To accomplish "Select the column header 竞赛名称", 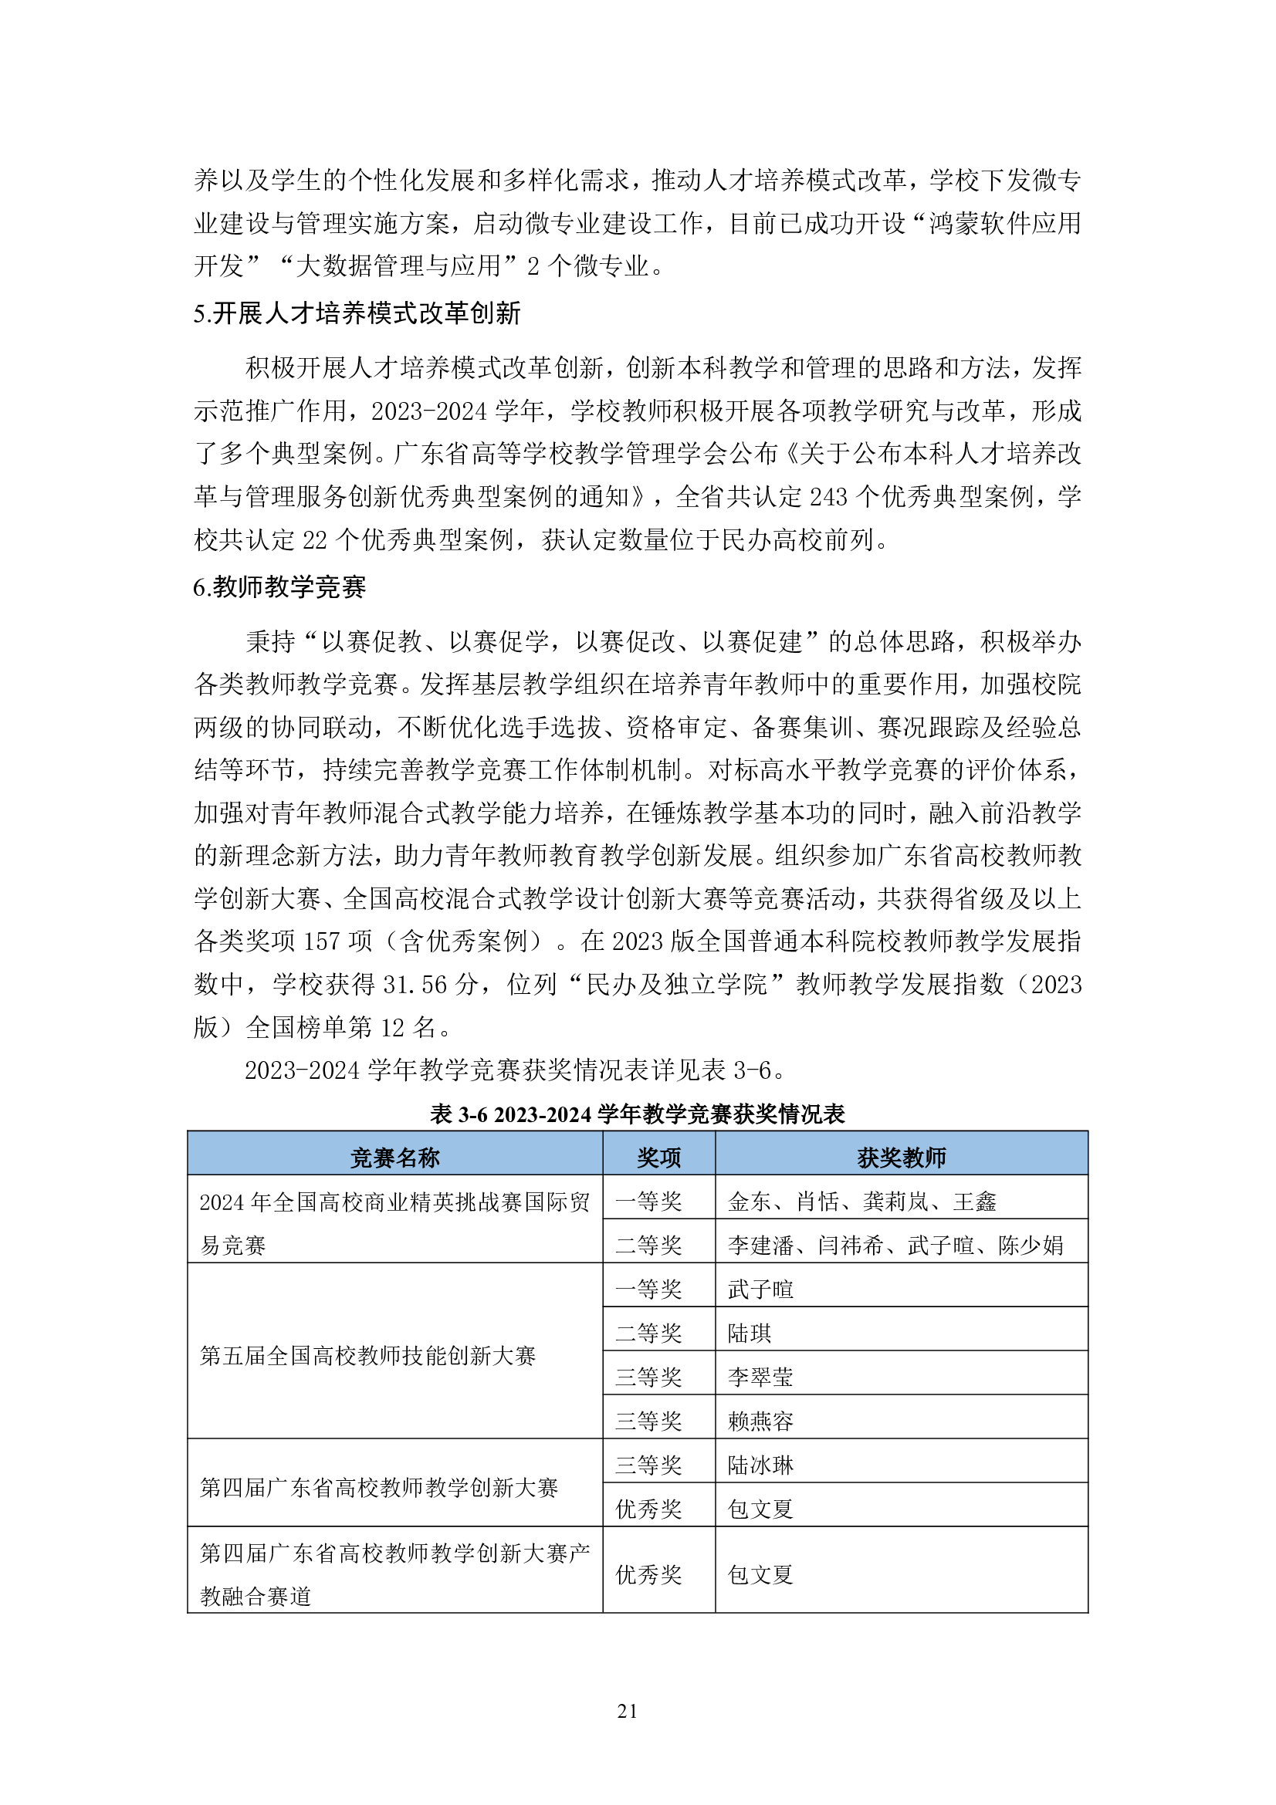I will (394, 1158).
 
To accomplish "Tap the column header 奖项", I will (658, 1158).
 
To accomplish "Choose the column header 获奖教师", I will (901, 1158).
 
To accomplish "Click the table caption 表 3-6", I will (637, 1114).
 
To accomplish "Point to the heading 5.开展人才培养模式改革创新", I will (357, 313).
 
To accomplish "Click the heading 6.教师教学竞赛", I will (280, 587).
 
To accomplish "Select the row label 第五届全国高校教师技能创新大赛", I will (368, 1355).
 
